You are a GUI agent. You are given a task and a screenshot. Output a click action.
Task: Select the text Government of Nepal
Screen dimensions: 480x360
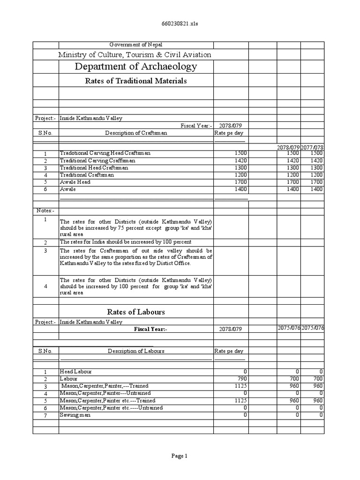pos(136,45)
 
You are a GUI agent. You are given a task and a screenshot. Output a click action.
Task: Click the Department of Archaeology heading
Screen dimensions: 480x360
pos(136,67)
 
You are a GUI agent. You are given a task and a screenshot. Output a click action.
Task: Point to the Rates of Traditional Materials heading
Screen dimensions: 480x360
pos(136,81)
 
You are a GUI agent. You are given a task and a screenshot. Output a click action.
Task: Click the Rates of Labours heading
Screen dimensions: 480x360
pos(136,312)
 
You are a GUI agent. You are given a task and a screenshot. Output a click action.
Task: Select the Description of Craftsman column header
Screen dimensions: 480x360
pos(136,133)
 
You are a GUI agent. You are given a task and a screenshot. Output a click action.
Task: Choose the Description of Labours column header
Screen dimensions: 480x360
pos(136,351)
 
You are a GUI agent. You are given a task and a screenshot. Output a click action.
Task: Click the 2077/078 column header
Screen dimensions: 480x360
pos(313,148)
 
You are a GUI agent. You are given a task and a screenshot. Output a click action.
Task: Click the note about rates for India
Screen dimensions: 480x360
pos(125,242)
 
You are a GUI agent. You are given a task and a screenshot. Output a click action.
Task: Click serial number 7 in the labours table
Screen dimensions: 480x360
pos(45,415)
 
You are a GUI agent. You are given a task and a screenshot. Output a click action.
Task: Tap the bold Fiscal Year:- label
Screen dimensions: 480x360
pos(151,330)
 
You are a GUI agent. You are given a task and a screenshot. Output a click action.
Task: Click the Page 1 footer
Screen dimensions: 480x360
pos(180,456)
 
